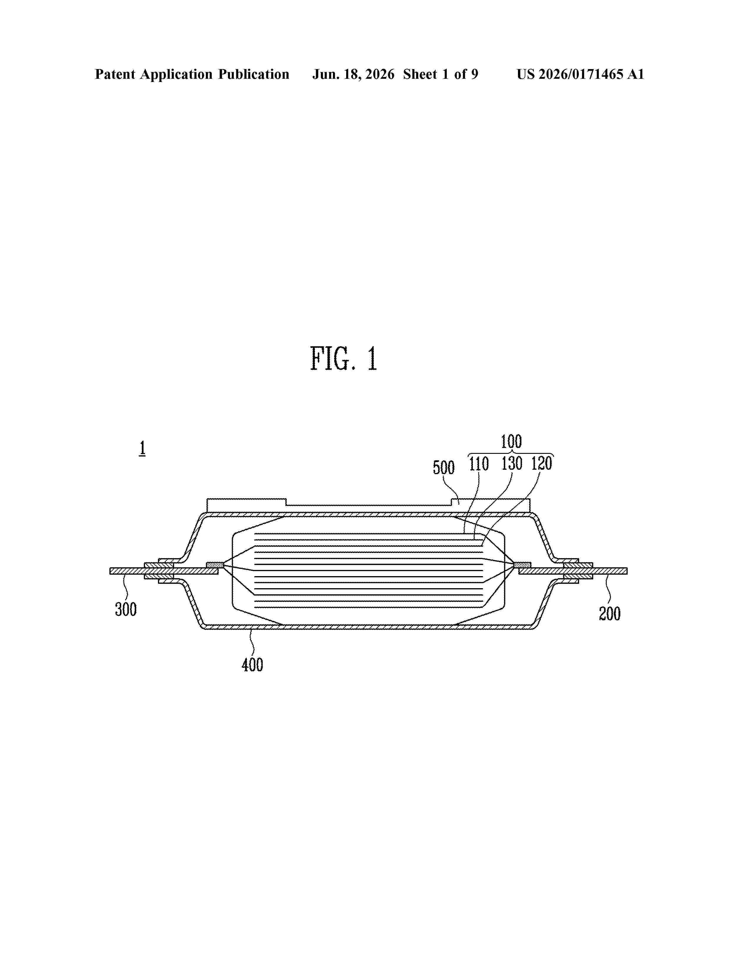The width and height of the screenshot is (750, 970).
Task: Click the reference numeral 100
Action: (x=511, y=441)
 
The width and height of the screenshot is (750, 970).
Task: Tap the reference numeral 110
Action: (x=479, y=464)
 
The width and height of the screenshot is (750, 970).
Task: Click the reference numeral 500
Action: (x=444, y=468)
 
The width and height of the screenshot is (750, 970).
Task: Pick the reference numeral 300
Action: (x=126, y=609)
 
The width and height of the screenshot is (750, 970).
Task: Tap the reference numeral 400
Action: (x=252, y=665)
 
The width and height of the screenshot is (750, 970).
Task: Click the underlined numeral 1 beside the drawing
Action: (x=142, y=448)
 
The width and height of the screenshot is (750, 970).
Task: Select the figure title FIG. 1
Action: (x=344, y=359)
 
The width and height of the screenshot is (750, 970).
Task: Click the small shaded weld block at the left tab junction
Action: (x=215, y=565)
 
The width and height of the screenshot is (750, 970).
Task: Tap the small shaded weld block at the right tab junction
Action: (x=522, y=565)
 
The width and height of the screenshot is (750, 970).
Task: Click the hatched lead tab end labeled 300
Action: (x=127, y=571)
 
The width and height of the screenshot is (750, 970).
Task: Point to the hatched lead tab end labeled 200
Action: (x=610, y=571)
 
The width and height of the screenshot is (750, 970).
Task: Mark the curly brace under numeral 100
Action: (x=511, y=454)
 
